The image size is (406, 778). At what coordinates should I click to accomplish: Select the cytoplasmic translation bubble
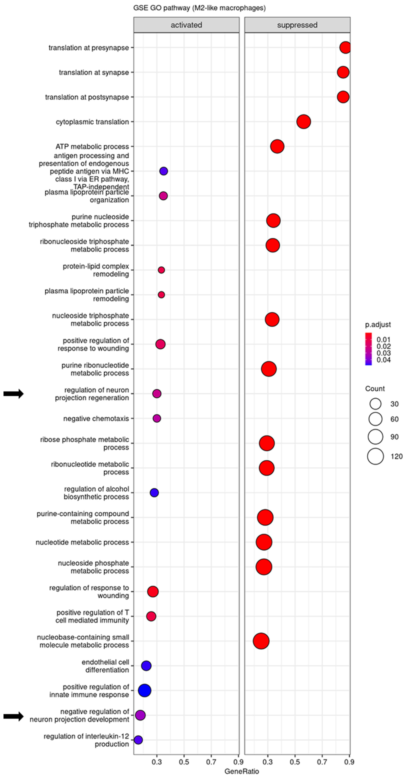point(303,122)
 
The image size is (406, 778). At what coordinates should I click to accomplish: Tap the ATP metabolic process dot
point(277,146)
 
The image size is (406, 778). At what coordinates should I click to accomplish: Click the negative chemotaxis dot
point(157,418)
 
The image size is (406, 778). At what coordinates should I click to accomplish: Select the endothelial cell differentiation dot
point(146,666)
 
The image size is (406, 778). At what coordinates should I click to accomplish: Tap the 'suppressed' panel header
point(297,25)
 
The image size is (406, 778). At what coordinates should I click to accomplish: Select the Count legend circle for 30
point(375,404)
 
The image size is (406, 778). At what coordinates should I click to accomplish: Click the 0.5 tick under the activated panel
point(184,762)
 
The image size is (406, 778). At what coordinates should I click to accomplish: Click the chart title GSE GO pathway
point(199,8)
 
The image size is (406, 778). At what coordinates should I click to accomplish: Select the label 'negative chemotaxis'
point(96,419)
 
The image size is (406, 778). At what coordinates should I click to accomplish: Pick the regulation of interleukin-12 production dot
point(138,740)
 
